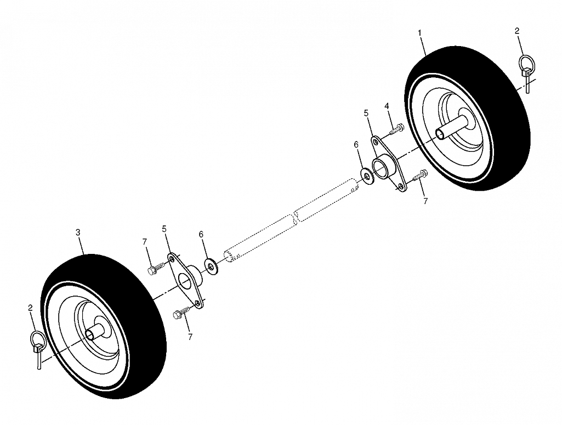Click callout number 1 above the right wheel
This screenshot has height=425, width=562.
click(419, 33)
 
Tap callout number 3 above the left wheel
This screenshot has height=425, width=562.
click(78, 232)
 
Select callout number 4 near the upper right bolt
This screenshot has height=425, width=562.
click(387, 106)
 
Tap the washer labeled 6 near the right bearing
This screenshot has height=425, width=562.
click(367, 176)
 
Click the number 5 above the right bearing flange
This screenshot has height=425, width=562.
click(366, 113)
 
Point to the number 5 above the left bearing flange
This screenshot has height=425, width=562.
click(164, 229)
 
